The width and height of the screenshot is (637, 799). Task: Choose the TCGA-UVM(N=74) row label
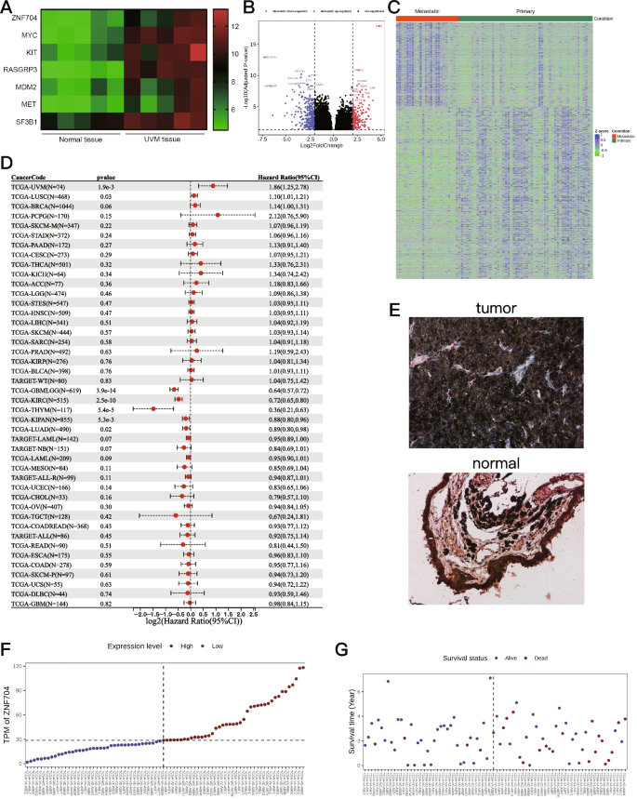[43, 186]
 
